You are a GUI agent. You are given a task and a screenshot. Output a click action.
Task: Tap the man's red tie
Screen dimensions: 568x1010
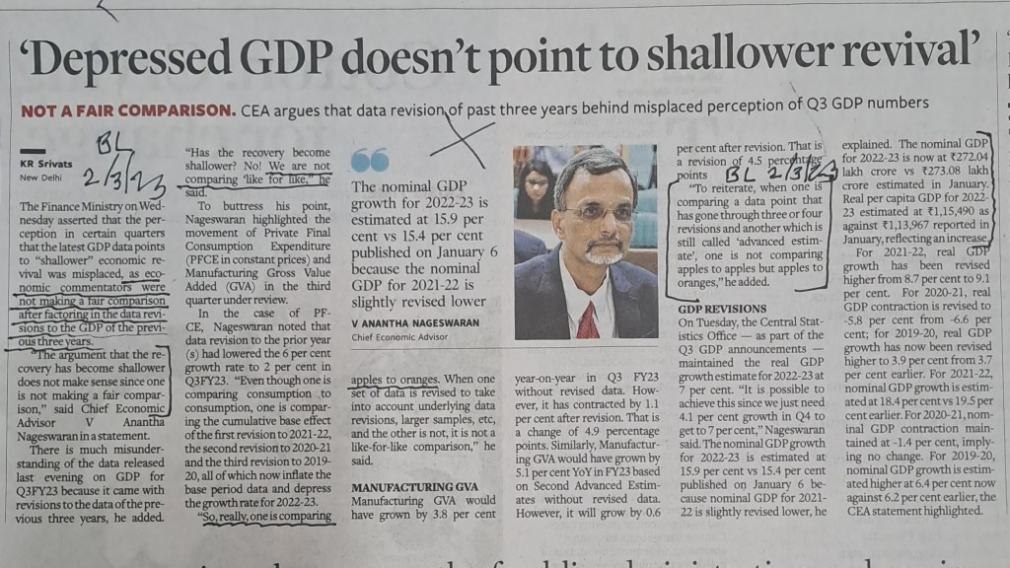(x=588, y=319)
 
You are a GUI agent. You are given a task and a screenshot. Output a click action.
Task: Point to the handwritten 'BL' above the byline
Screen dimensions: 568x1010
(x=111, y=147)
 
